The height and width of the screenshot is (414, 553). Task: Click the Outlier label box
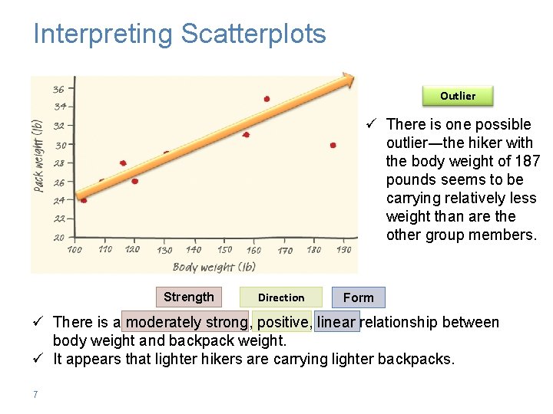[458, 96]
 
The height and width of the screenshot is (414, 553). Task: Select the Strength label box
[189, 297]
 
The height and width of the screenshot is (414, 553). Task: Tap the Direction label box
[281, 297]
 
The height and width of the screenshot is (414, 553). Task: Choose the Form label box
[359, 297]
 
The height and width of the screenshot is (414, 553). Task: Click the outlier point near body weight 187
[333, 145]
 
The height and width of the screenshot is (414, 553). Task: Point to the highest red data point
[267, 99]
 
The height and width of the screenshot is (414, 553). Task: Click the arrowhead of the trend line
[348, 77]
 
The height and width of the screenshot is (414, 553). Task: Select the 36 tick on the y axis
[58, 89]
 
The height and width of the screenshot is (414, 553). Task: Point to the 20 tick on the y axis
[58, 238]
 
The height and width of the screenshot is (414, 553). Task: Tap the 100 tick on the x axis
[75, 250]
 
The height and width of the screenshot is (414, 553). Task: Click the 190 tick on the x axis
[343, 250]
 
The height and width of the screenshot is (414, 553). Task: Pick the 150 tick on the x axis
[224, 250]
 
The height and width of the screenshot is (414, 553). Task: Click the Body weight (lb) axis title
[214, 267]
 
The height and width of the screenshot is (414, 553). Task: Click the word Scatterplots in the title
[253, 34]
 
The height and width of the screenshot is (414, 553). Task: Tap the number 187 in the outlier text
[527, 161]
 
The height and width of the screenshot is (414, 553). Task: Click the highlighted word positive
[283, 323]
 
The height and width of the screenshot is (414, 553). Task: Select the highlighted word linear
[336, 323]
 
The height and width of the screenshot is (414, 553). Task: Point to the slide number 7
[35, 395]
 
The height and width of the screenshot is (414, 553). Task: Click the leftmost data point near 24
[84, 200]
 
